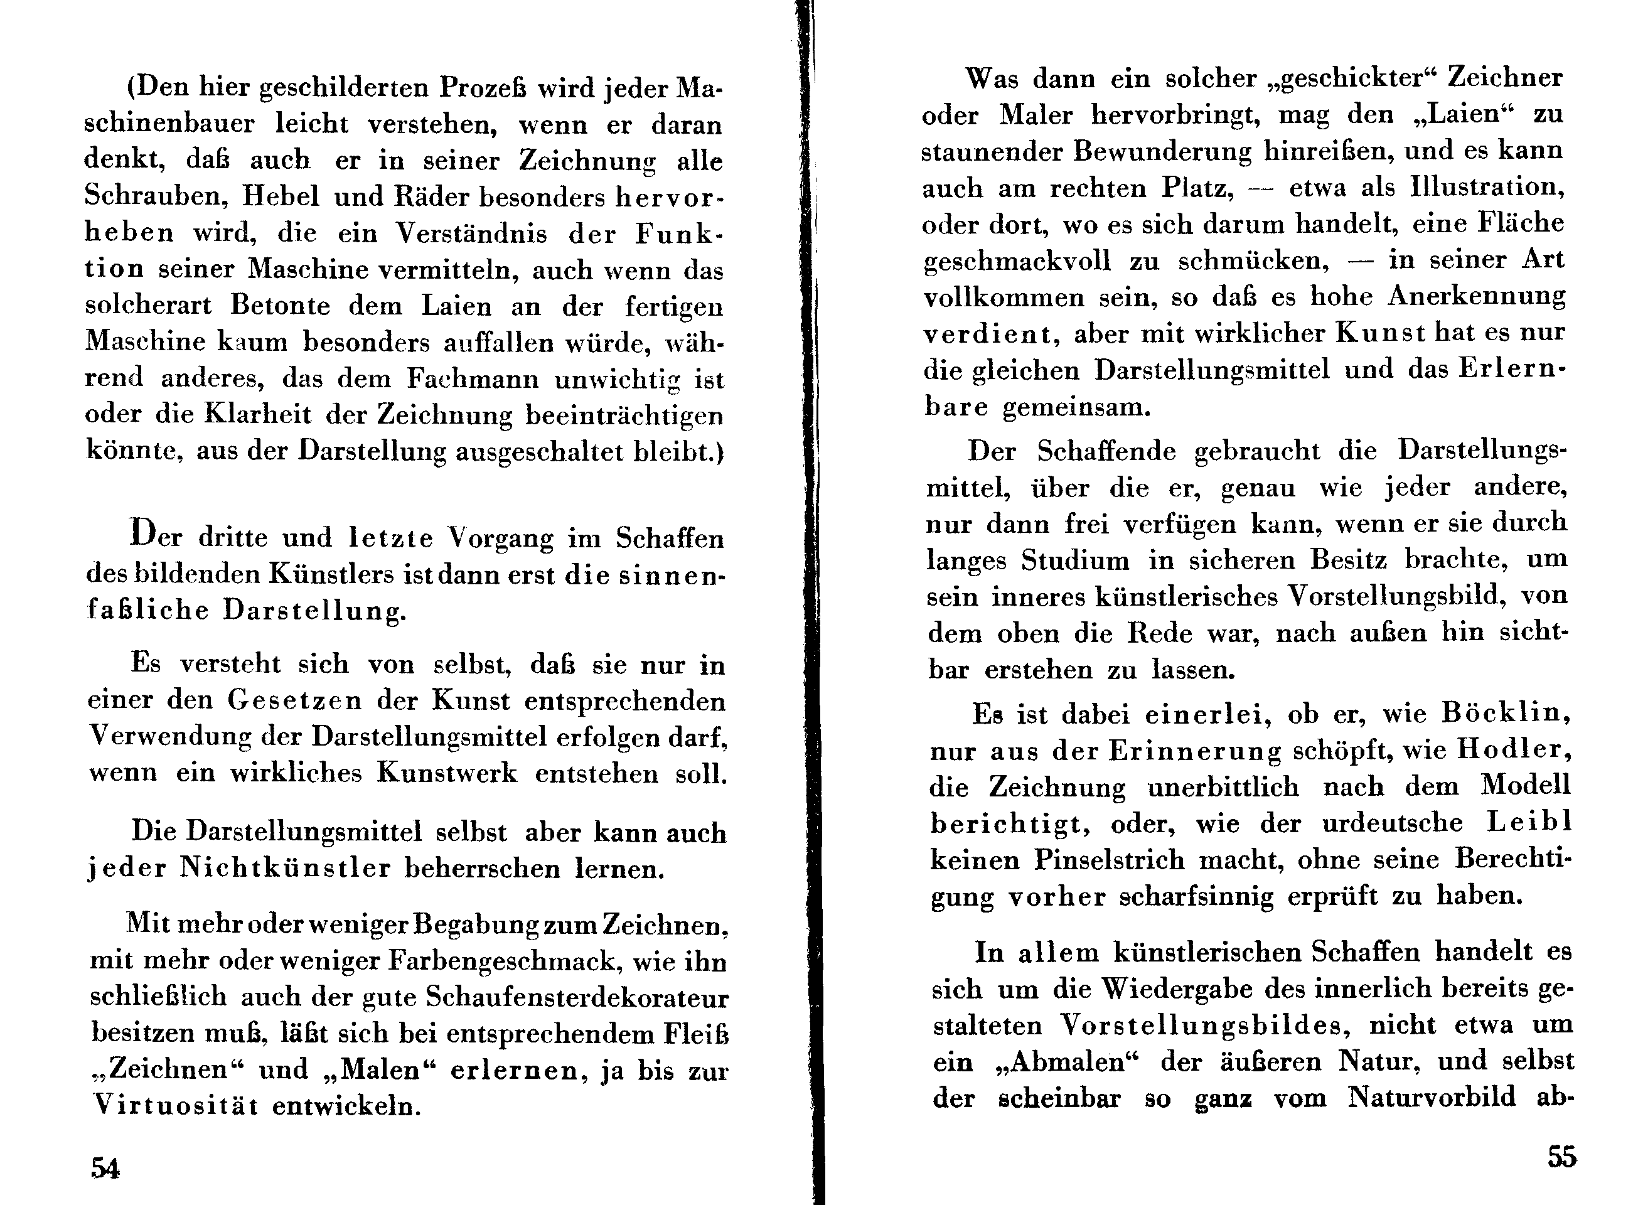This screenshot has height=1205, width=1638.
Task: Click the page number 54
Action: point(105,1168)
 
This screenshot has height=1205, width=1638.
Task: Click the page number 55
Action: point(1561,1157)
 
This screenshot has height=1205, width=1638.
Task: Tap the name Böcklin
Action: point(1506,712)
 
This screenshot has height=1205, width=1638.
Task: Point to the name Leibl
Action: point(1529,822)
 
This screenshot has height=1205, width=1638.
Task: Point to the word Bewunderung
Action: point(1162,151)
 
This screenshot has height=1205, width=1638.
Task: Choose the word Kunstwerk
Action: point(446,773)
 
